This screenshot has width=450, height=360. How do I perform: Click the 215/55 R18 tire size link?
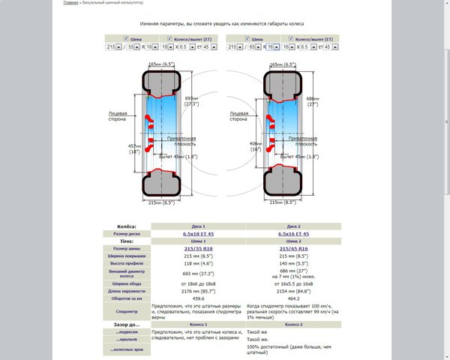point(198,248)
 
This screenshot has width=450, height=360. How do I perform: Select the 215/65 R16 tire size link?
point(293,248)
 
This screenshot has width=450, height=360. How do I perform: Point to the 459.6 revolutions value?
point(198,296)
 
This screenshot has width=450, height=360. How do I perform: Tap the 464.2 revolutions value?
point(293,296)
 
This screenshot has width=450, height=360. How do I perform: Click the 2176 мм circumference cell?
point(198,289)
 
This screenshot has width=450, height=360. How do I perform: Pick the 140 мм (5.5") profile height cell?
point(293,263)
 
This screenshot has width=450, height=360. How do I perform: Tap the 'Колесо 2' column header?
point(293,324)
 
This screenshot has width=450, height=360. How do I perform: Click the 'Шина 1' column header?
point(198,241)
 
